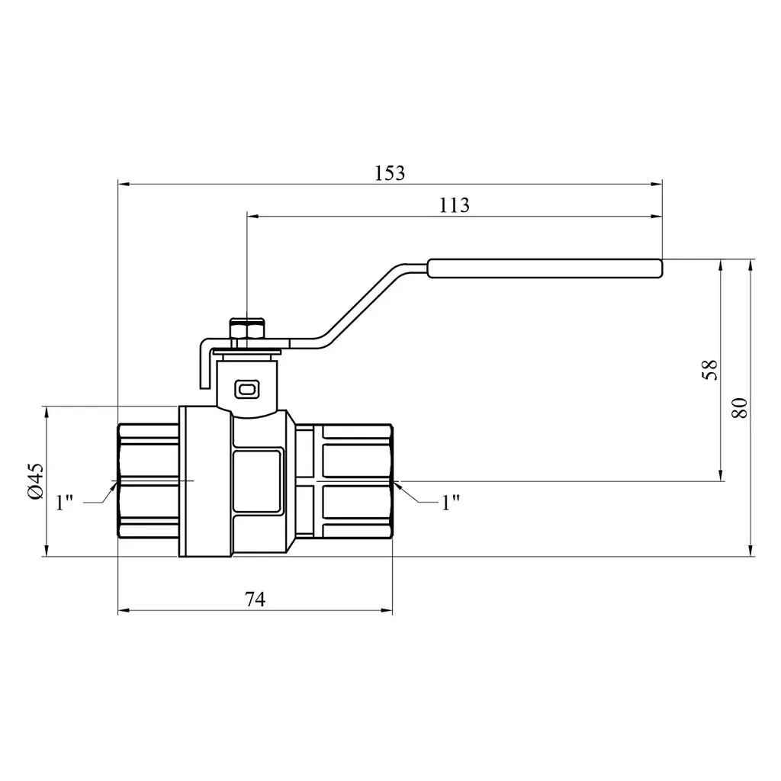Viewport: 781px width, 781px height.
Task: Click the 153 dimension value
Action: (x=390, y=173)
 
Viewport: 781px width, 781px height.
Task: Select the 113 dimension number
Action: (x=454, y=205)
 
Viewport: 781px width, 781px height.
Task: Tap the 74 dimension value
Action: (x=255, y=599)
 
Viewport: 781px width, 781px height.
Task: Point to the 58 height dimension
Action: (x=710, y=370)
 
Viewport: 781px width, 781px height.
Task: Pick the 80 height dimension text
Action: (x=740, y=408)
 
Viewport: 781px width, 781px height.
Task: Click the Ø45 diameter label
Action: (x=36, y=480)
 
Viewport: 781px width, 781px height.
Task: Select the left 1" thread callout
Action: (x=65, y=502)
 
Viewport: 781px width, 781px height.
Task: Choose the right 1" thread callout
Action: (x=451, y=503)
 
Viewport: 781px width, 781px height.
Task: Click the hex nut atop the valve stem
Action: (x=248, y=329)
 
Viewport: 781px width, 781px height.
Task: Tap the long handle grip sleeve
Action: (x=545, y=268)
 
